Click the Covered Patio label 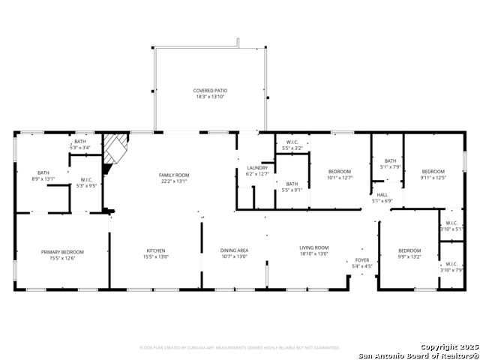pyautogui.click(x=209, y=90)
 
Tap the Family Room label pyautogui.click(x=172, y=175)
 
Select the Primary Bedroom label pyautogui.click(x=62, y=252)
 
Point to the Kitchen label pyautogui.click(x=156, y=250)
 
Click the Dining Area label pyautogui.click(x=234, y=250)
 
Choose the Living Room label pyautogui.click(x=314, y=247)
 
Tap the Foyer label pyautogui.click(x=362, y=260)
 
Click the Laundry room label pyautogui.click(x=257, y=167)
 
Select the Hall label pyautogui.click(x=382, y=194)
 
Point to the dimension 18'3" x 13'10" pyautogui.click(x=210, y=97)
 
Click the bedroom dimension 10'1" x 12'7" pyautogui.click(x=339, y=178)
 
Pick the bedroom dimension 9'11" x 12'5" pyautogui.click(x=433, y=178)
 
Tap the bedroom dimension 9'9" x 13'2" pyautogui.click(x=409, y=256)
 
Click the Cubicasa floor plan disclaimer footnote pyautogui.click(x=240, y=348)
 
